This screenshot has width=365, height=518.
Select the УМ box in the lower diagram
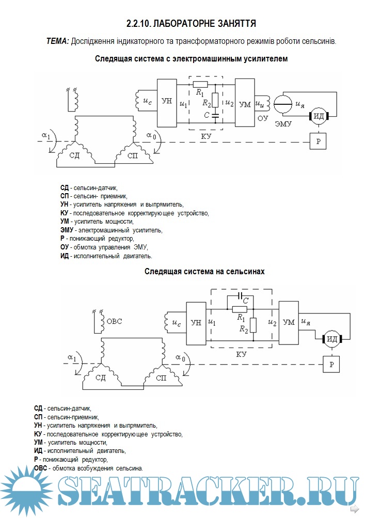(289, 322)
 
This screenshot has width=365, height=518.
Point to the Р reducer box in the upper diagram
(318, 141)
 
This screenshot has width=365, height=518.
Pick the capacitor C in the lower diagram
(240, 296)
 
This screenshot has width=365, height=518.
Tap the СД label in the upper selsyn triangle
(75, 155)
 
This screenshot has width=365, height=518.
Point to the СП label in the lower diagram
(161, 378)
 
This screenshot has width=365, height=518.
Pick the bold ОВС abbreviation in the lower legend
(40, 468)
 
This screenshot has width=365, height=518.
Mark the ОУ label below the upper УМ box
(263, 118)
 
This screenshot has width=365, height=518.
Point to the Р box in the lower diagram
(331, 366)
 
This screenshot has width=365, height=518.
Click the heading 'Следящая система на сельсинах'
(204, 271)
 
